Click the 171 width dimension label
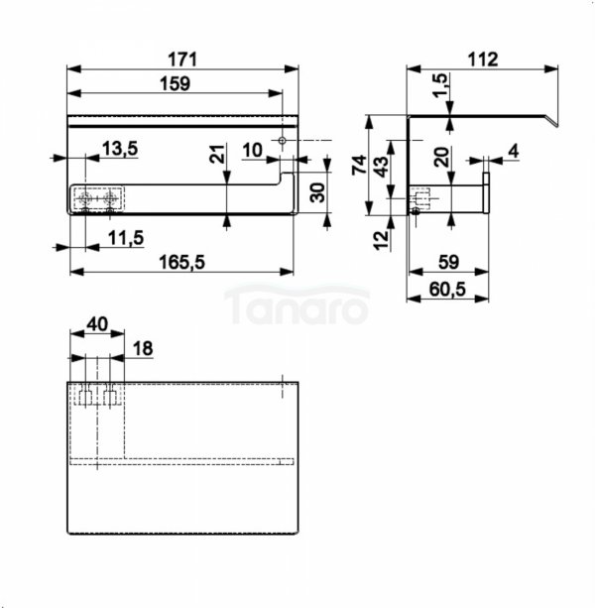182,60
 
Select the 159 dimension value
176,83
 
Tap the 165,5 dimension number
181,263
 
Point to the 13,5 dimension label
120,149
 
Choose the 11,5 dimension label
126,238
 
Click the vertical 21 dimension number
218,154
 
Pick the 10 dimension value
252,151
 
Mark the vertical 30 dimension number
318,192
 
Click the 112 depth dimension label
483,60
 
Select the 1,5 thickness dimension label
440,86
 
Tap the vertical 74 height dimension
359,165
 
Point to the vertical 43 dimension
382,167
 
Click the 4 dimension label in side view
514,151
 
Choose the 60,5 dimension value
447,290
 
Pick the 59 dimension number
449,263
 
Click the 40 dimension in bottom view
97,324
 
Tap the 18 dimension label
143,348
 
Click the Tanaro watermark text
297,305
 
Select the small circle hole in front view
283,140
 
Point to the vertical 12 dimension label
382,240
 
